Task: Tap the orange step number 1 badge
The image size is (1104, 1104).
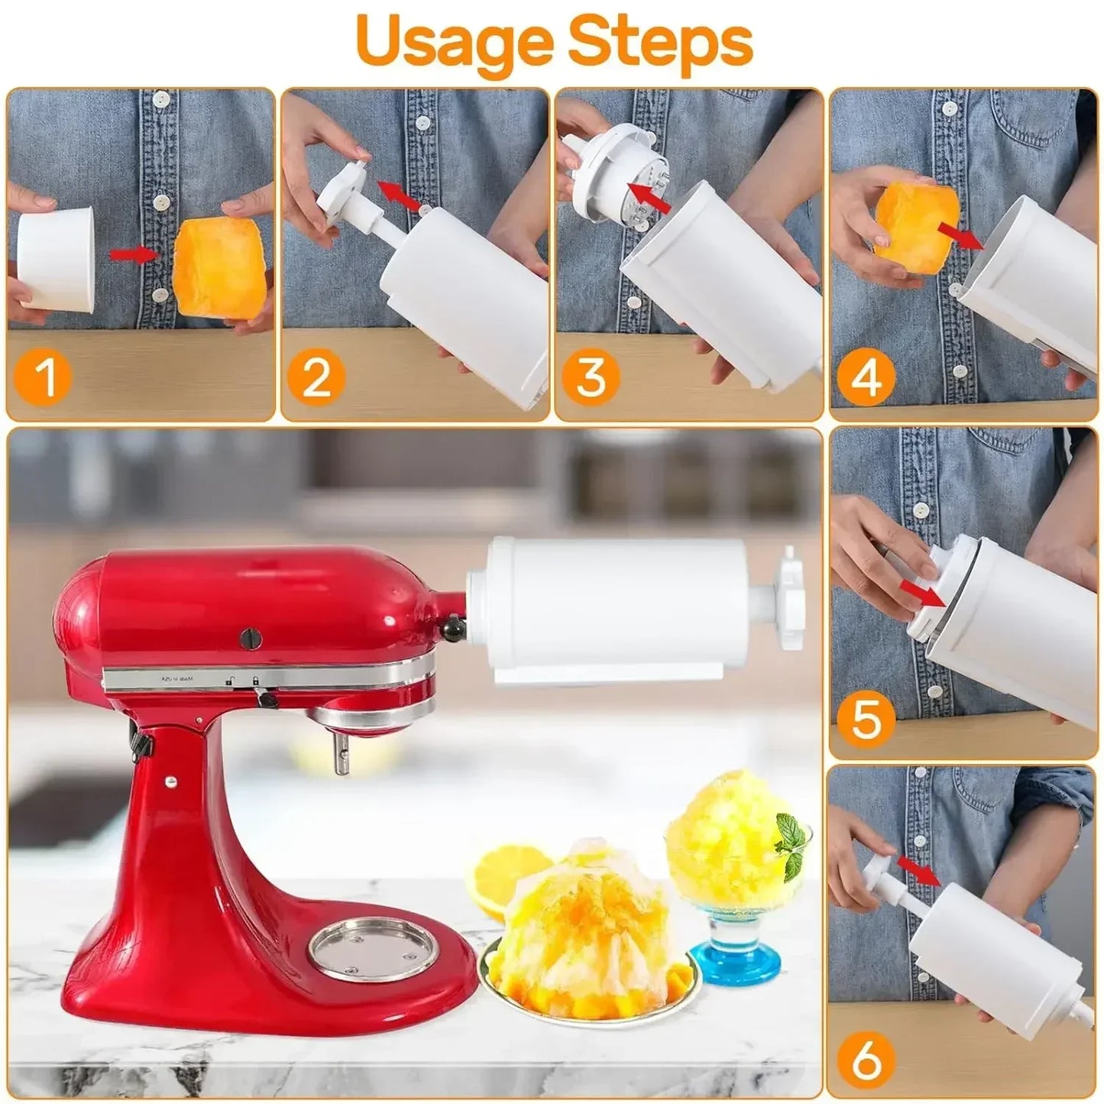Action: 44,377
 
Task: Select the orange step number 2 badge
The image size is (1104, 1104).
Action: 316,377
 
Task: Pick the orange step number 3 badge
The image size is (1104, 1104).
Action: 591,377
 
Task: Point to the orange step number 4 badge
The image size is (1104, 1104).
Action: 866,377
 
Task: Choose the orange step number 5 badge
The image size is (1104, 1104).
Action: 866,718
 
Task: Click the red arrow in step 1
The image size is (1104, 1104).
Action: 133,254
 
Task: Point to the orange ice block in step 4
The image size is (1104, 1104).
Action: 907,221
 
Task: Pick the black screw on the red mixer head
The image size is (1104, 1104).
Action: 250,638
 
